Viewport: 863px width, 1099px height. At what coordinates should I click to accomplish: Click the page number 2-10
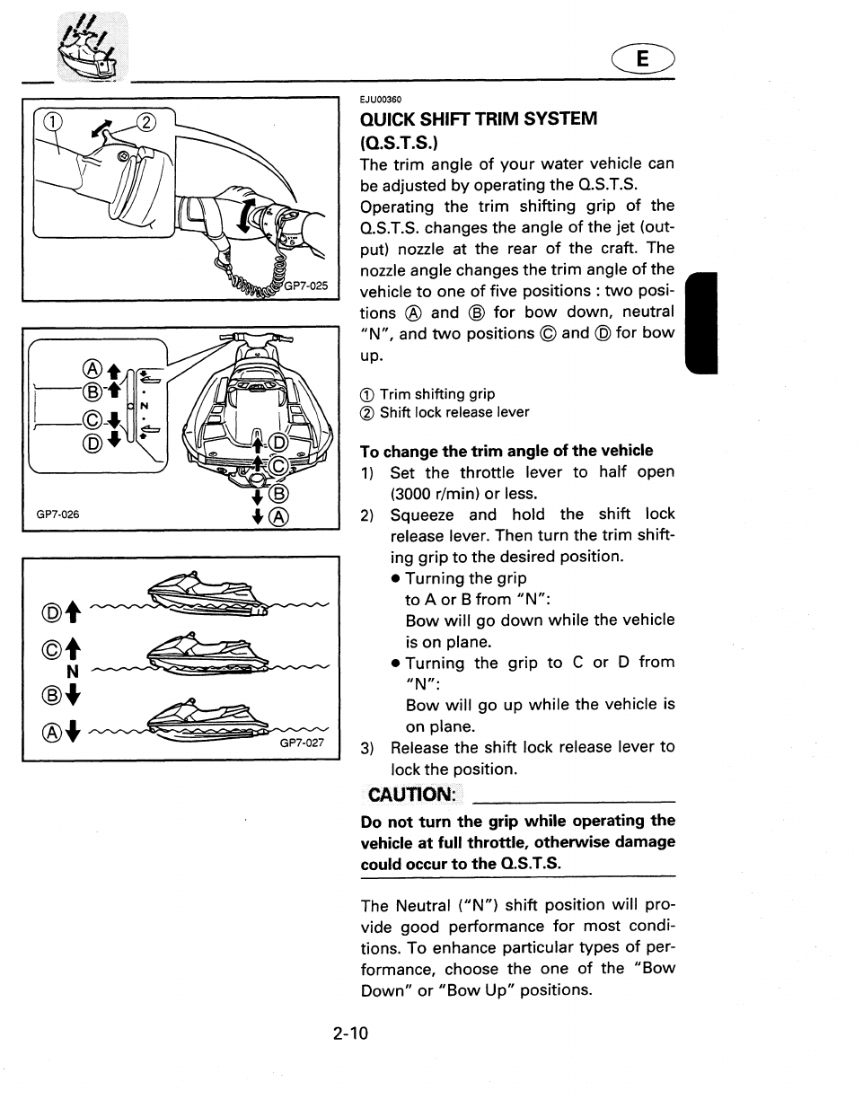[x=350, y=1033]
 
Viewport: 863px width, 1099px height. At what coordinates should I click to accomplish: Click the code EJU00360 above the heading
[x=380, y=100]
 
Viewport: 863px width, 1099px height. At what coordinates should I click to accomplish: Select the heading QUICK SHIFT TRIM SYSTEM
[x=478, y=119]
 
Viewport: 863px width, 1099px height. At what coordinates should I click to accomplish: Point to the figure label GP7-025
[x=310, y=287]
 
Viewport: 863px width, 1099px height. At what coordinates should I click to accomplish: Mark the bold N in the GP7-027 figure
[x=74, y=671]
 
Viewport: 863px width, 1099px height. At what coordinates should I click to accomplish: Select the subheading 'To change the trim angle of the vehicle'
[x=506, y=451]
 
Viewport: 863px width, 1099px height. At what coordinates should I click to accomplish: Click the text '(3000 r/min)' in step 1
[x=430, y=493]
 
